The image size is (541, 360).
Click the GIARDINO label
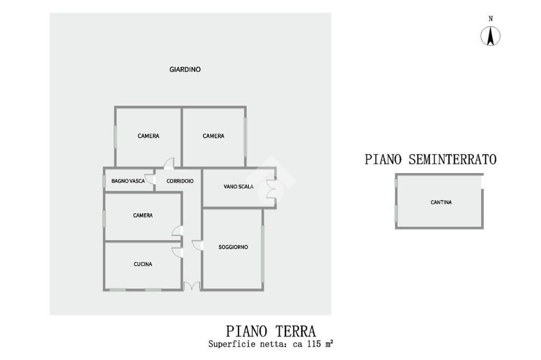tap(185, 69)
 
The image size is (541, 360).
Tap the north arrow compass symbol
tap(490, 36)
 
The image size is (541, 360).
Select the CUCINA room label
tap(143, 264)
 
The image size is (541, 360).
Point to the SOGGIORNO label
tap(233, 247)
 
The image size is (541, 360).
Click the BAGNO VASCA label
tap(128, 181)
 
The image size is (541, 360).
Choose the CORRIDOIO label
tap(180, 181)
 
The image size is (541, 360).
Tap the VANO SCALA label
tap(238, 186)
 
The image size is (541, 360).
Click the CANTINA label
tap(441, 202)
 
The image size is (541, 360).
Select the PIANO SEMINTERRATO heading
tap(431, 159)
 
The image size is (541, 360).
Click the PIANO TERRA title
tap(271, 331)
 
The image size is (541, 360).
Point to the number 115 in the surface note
tap(314, 344)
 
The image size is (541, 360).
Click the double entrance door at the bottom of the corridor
tap(192, 286)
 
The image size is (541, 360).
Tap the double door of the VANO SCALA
tap(272, 190)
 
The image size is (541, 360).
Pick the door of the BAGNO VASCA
tap(150, 179)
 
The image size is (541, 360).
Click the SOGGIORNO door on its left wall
tap(197, 245)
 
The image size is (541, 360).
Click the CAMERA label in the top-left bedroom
tap(148, 136)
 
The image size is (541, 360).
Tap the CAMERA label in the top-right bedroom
tap(213, 136)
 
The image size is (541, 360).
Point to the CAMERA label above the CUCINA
tap(143, 215)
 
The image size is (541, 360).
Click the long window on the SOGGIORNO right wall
tap(263, 253)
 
